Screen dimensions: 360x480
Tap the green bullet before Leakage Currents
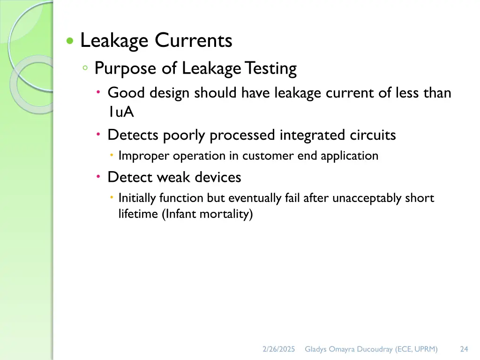point(70,41)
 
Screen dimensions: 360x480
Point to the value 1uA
point(120,113)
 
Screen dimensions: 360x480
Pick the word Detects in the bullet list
point(133,135)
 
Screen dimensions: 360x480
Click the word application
point(349,156)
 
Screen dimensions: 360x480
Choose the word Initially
point(137,198)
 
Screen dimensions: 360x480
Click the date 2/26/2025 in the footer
point(279,349)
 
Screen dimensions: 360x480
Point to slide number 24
point(464,349)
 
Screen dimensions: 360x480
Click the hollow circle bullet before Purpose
point(85,68)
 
